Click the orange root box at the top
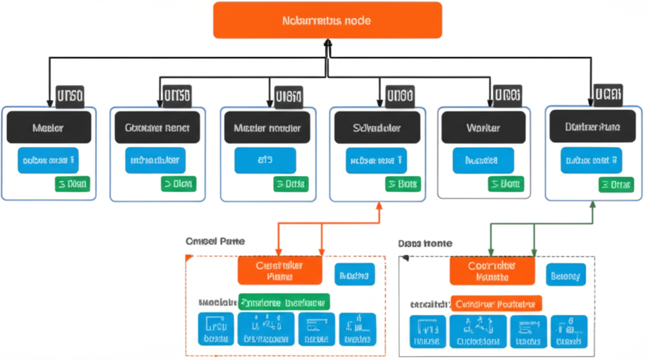327,20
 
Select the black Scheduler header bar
377,128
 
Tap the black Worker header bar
483,128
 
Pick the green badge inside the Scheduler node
401,184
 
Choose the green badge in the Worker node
505,184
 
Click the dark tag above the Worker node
507,96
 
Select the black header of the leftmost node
48,128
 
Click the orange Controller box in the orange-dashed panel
279,271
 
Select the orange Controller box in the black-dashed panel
492,271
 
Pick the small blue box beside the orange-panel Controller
354,274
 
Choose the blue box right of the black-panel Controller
565,274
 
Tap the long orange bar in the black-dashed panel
497,303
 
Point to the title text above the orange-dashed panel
215,241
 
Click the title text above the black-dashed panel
425,243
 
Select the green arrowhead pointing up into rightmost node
593,205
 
